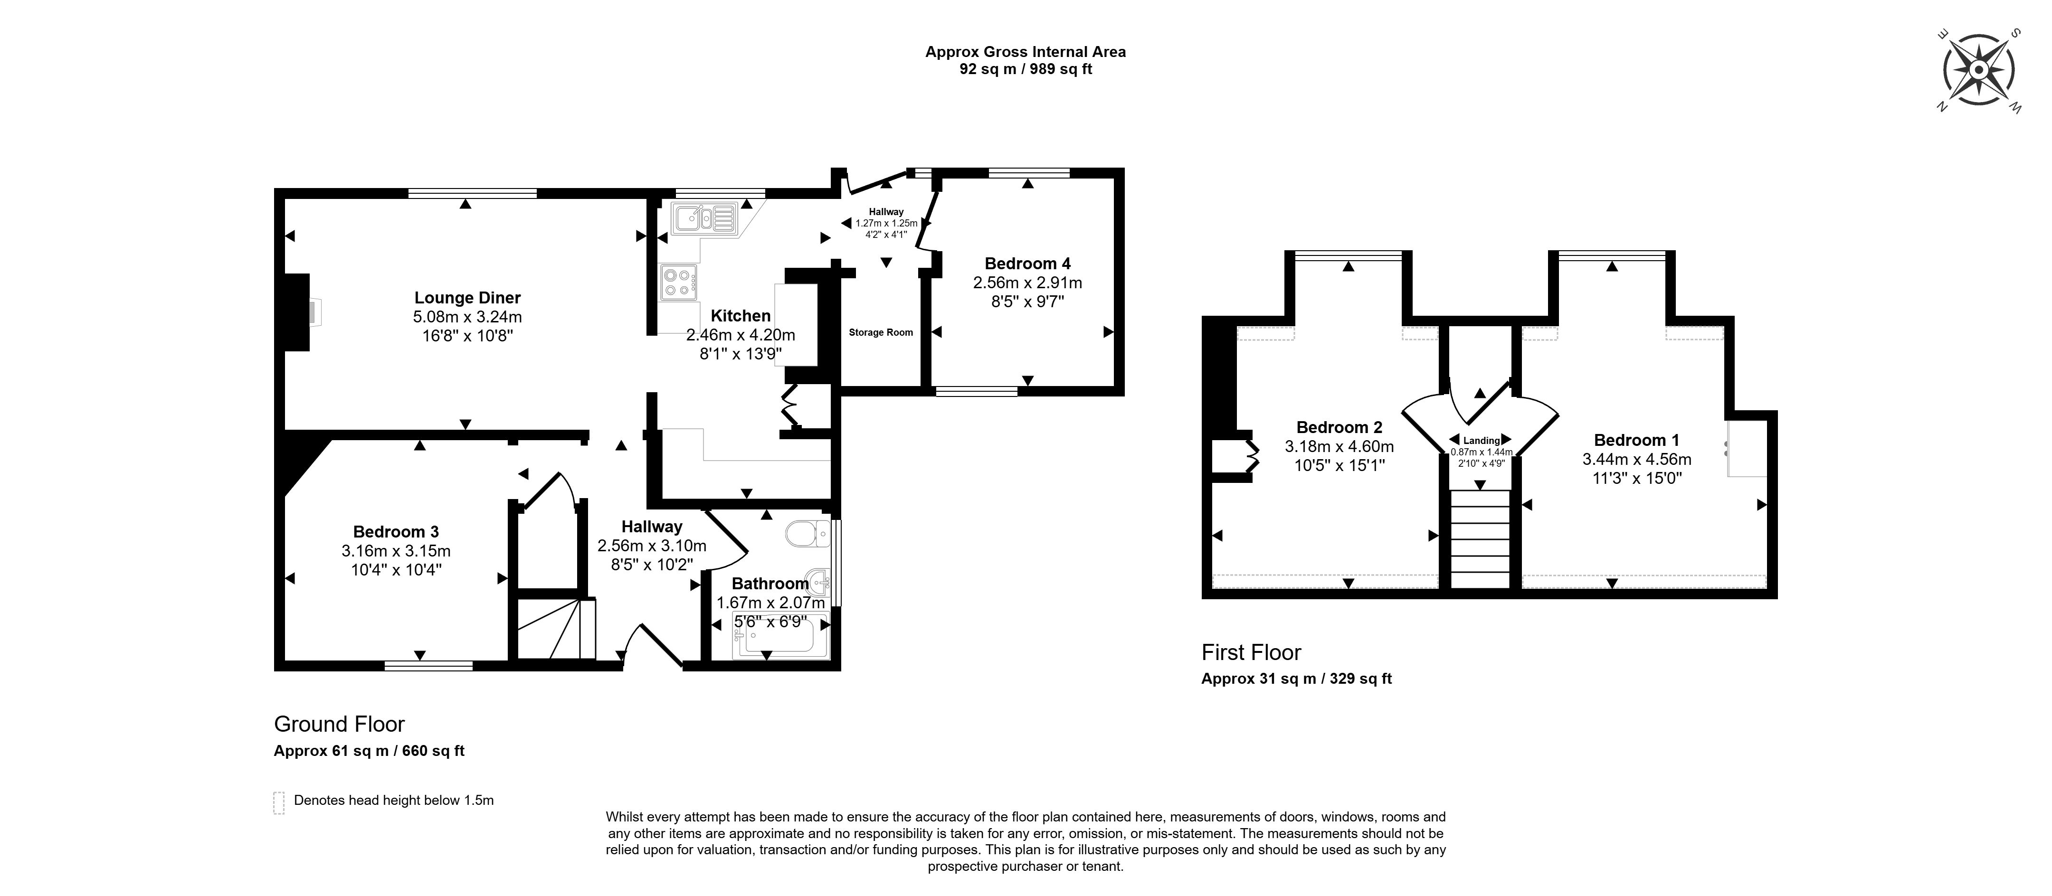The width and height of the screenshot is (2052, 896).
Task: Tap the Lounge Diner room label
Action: tap(467, 298)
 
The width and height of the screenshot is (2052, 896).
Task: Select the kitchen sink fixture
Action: tap(703, 218)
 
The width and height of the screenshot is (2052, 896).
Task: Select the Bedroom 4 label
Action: tap(1027, 264)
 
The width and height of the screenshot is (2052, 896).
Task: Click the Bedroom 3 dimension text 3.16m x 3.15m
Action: tap(396, 551)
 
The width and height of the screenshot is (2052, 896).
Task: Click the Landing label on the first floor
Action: tap(1481, 441)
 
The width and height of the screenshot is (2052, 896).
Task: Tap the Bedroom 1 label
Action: tap(1636, 441)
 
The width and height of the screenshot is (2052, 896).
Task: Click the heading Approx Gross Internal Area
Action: tap(1025, 52)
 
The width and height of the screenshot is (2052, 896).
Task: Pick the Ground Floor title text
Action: tap(339, 724)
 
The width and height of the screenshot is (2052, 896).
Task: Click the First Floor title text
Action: tap(1251, 652)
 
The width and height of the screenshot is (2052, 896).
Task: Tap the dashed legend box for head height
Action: tap(279, 803)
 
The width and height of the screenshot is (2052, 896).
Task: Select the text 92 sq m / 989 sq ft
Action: tap(1025, 69)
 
